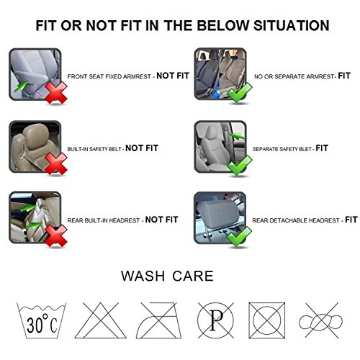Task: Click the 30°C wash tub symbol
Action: (x=41, y=320)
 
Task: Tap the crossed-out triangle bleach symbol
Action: (x=100, y=320)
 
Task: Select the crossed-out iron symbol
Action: (x=158, y=320)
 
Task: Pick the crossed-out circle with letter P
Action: (x=215, y=320)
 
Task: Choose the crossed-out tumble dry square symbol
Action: (x=266, y=320)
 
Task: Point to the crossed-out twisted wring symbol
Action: (x=320, y=320)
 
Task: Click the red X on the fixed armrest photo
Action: (x=56, y=93)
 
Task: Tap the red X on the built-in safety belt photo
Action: (x=56, y=164)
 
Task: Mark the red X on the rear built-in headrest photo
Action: (x=56, y=235)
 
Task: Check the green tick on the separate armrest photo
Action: (x=239, y=92)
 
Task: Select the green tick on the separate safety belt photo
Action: (x=239, y=165)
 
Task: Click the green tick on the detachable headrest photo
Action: (x=239, y=236)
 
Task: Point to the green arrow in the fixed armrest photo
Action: (x=21, y=86)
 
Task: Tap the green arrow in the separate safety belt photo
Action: (x=237, y=136)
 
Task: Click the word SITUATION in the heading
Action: (x=291, y=25)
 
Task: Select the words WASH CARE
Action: (x=167, y=276)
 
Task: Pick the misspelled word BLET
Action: (x=305, y=149)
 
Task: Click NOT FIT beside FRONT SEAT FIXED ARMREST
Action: (x=173, y=76)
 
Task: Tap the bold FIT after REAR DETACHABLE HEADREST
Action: (x=351, y=220)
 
